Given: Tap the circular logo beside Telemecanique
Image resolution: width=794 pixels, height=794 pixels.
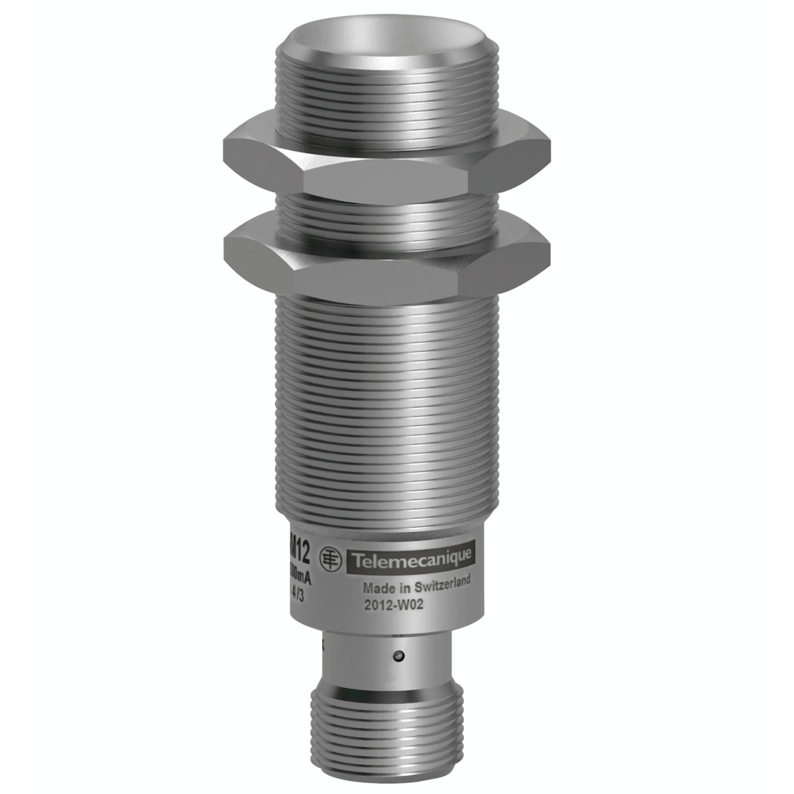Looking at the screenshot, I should coord(329,557).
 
